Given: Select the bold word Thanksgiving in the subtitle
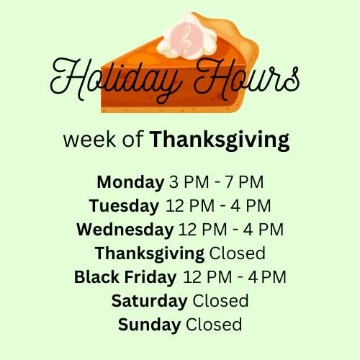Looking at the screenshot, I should (x=220, y=140).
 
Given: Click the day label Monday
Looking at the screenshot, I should (x=130, y=181).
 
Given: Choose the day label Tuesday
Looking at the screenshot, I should (x=124, y=206).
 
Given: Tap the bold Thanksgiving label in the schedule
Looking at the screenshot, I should (x=149, y=253).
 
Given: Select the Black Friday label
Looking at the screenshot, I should (x=125, y=276).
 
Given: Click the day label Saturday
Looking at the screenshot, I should (x=149, y=300).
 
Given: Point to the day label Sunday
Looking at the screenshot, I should (x=149, y=324).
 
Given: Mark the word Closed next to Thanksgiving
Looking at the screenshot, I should (x=237, y=253).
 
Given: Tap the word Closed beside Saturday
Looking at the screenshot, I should (x=221, y=300).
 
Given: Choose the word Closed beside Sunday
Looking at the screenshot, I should (x=214, y=324).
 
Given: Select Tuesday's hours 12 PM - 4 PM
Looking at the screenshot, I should (x=218, y=206).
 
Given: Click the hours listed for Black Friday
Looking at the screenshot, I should (x=235, y=276).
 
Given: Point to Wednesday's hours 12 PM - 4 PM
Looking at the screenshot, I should (x=230, y=230).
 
